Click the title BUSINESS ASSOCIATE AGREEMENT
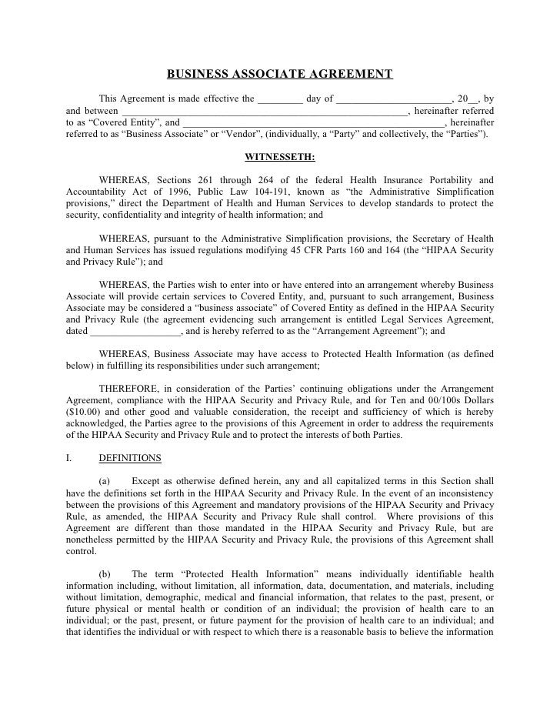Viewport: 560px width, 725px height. [280, 75]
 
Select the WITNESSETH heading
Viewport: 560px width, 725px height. [279, 158]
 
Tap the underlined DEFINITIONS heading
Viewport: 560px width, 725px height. [130, 458]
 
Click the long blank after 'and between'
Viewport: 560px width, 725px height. [265, 110]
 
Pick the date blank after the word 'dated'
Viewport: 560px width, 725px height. [135, 332]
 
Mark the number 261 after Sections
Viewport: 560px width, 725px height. [211, 180]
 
